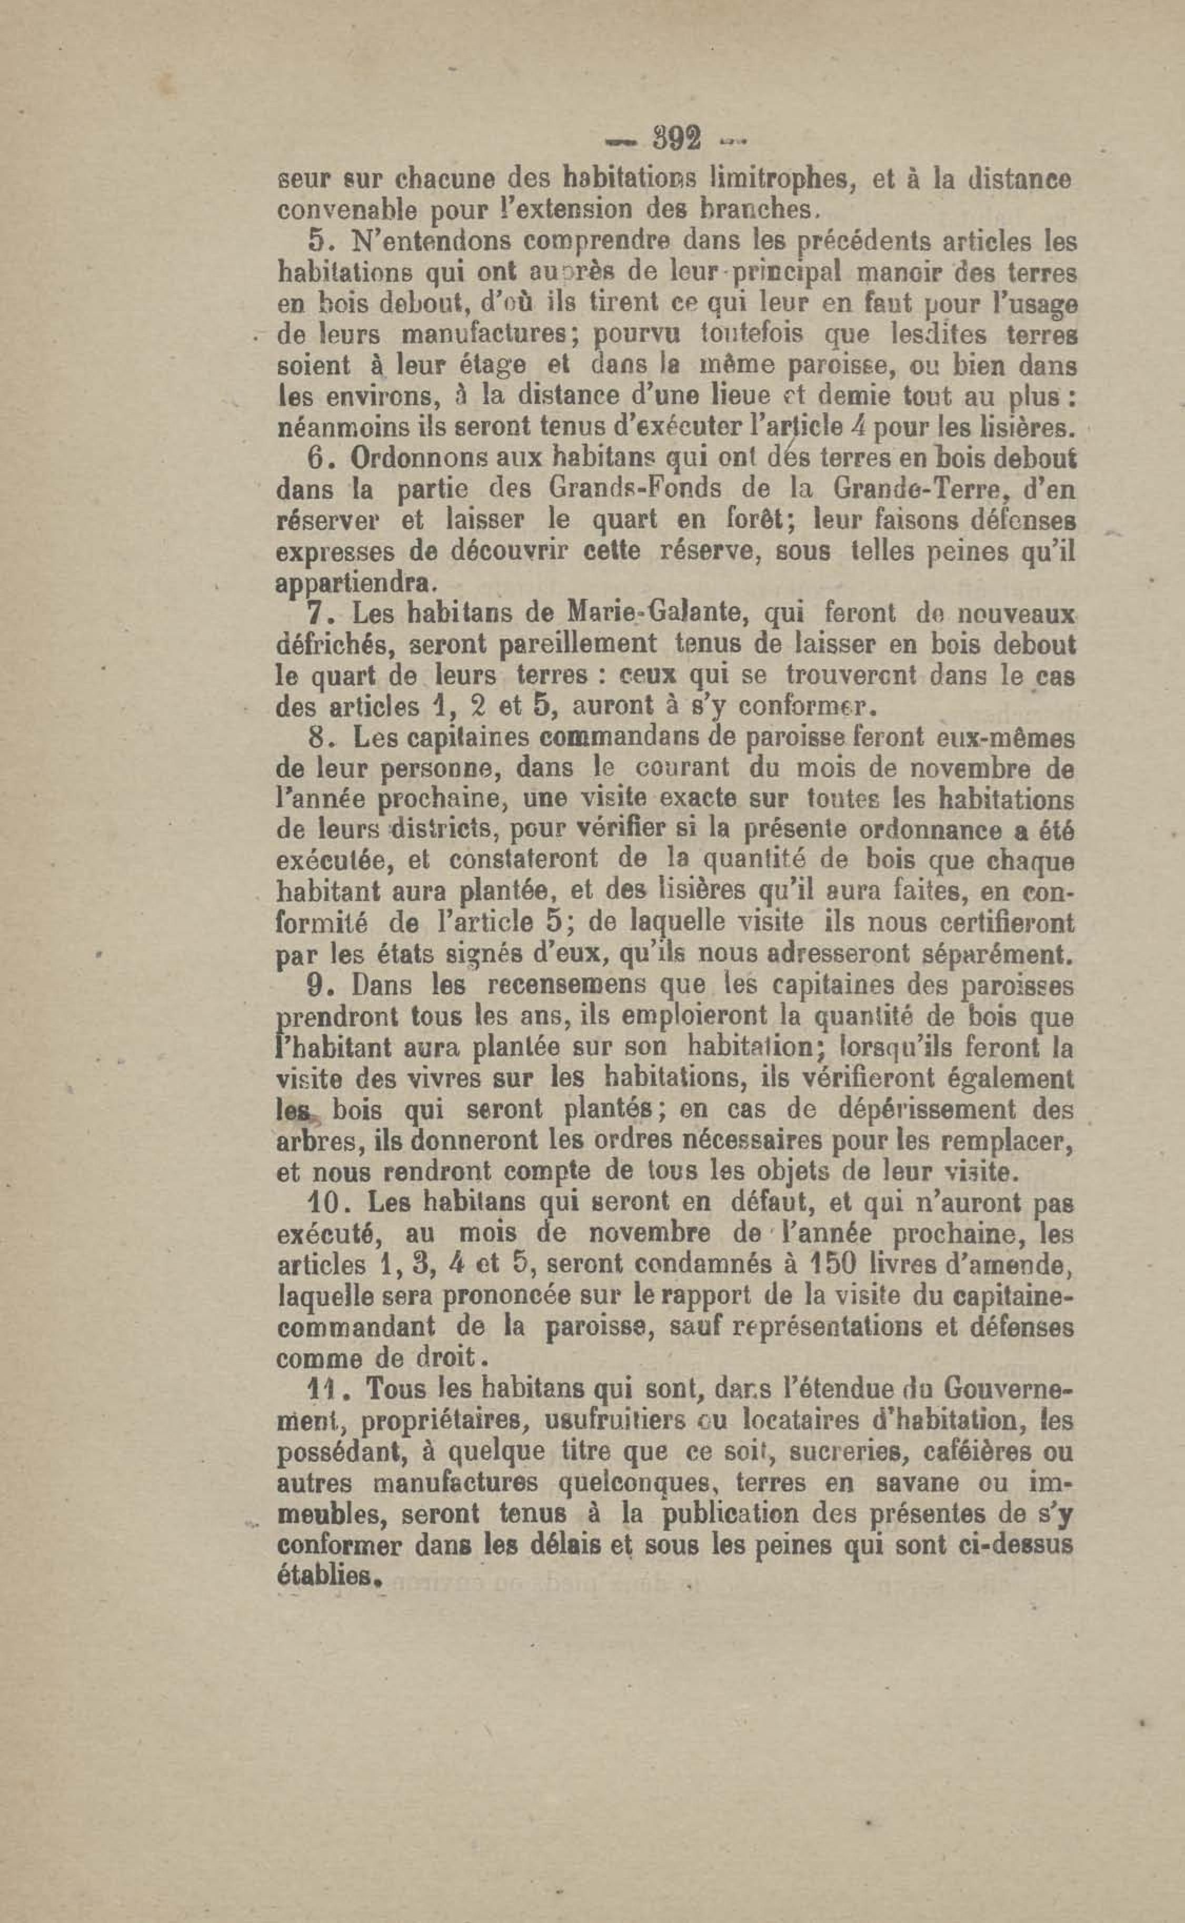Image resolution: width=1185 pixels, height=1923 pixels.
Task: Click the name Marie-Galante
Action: point(644,610)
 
